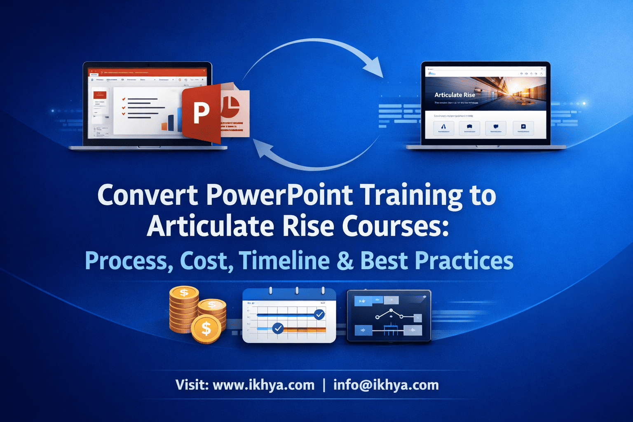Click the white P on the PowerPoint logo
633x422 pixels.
(x=201, y=112)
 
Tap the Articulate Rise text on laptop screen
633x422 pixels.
(x=455, y=95)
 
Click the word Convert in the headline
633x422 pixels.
(x=147, y=195)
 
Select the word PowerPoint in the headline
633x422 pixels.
(x=279, y=195)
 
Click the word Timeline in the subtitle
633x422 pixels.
(x=284, y=260)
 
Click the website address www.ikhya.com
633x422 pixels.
(x=263, y=385)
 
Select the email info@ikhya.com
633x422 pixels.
(x=386, y=385)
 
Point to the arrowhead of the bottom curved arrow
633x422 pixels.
(x=263, y=149)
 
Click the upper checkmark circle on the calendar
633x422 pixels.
(x=319, y=314)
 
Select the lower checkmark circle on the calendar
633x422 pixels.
(x=278, y=328)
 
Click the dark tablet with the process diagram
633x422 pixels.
(x=389, y=316)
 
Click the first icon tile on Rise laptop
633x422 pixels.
(x=444, y=128)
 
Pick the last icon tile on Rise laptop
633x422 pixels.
(x=523, y=128)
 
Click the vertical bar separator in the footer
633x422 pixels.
(x=324, y=385)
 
